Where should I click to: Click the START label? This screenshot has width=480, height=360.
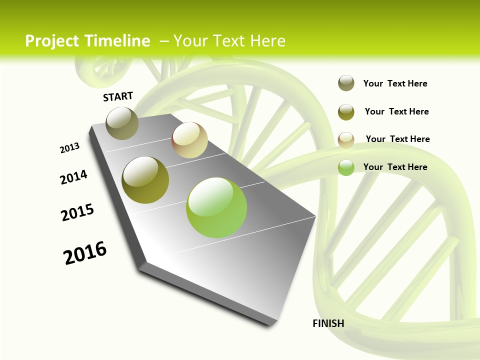[x=118, y=96]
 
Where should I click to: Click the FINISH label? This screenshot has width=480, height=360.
[x=328, y=323]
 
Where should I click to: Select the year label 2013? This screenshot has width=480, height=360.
[x=69, y=148]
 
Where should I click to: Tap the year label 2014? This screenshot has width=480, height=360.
[x=74, y=177]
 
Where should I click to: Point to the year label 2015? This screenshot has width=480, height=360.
[x=77, y=212]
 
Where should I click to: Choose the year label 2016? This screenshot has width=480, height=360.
[x=85, y=253]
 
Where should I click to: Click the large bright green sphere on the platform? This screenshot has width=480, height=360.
[x=216, y=207]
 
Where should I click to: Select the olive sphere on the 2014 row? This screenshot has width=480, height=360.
[x=145, y=180]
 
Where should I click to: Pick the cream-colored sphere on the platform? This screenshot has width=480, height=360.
[x=189, y=140]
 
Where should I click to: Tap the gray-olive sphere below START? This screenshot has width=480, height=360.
[x=122, y=123]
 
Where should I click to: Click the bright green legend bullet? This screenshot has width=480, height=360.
[x=346, y=167]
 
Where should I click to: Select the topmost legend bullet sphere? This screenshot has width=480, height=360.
[x=346, y=83]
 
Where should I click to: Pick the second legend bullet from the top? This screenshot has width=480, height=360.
[x=346, y=111]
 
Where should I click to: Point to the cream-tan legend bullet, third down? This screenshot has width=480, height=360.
[x=346, y=139]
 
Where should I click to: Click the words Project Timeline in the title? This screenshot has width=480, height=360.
[x=87, y=41]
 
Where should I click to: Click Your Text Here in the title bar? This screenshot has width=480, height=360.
[x=229, y=41]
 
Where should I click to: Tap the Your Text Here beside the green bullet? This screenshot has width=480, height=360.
[x=395, y=167]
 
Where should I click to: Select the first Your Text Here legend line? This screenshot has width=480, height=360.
[x=395, y=83]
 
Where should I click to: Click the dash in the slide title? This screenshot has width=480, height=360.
[x=164, y=41]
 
